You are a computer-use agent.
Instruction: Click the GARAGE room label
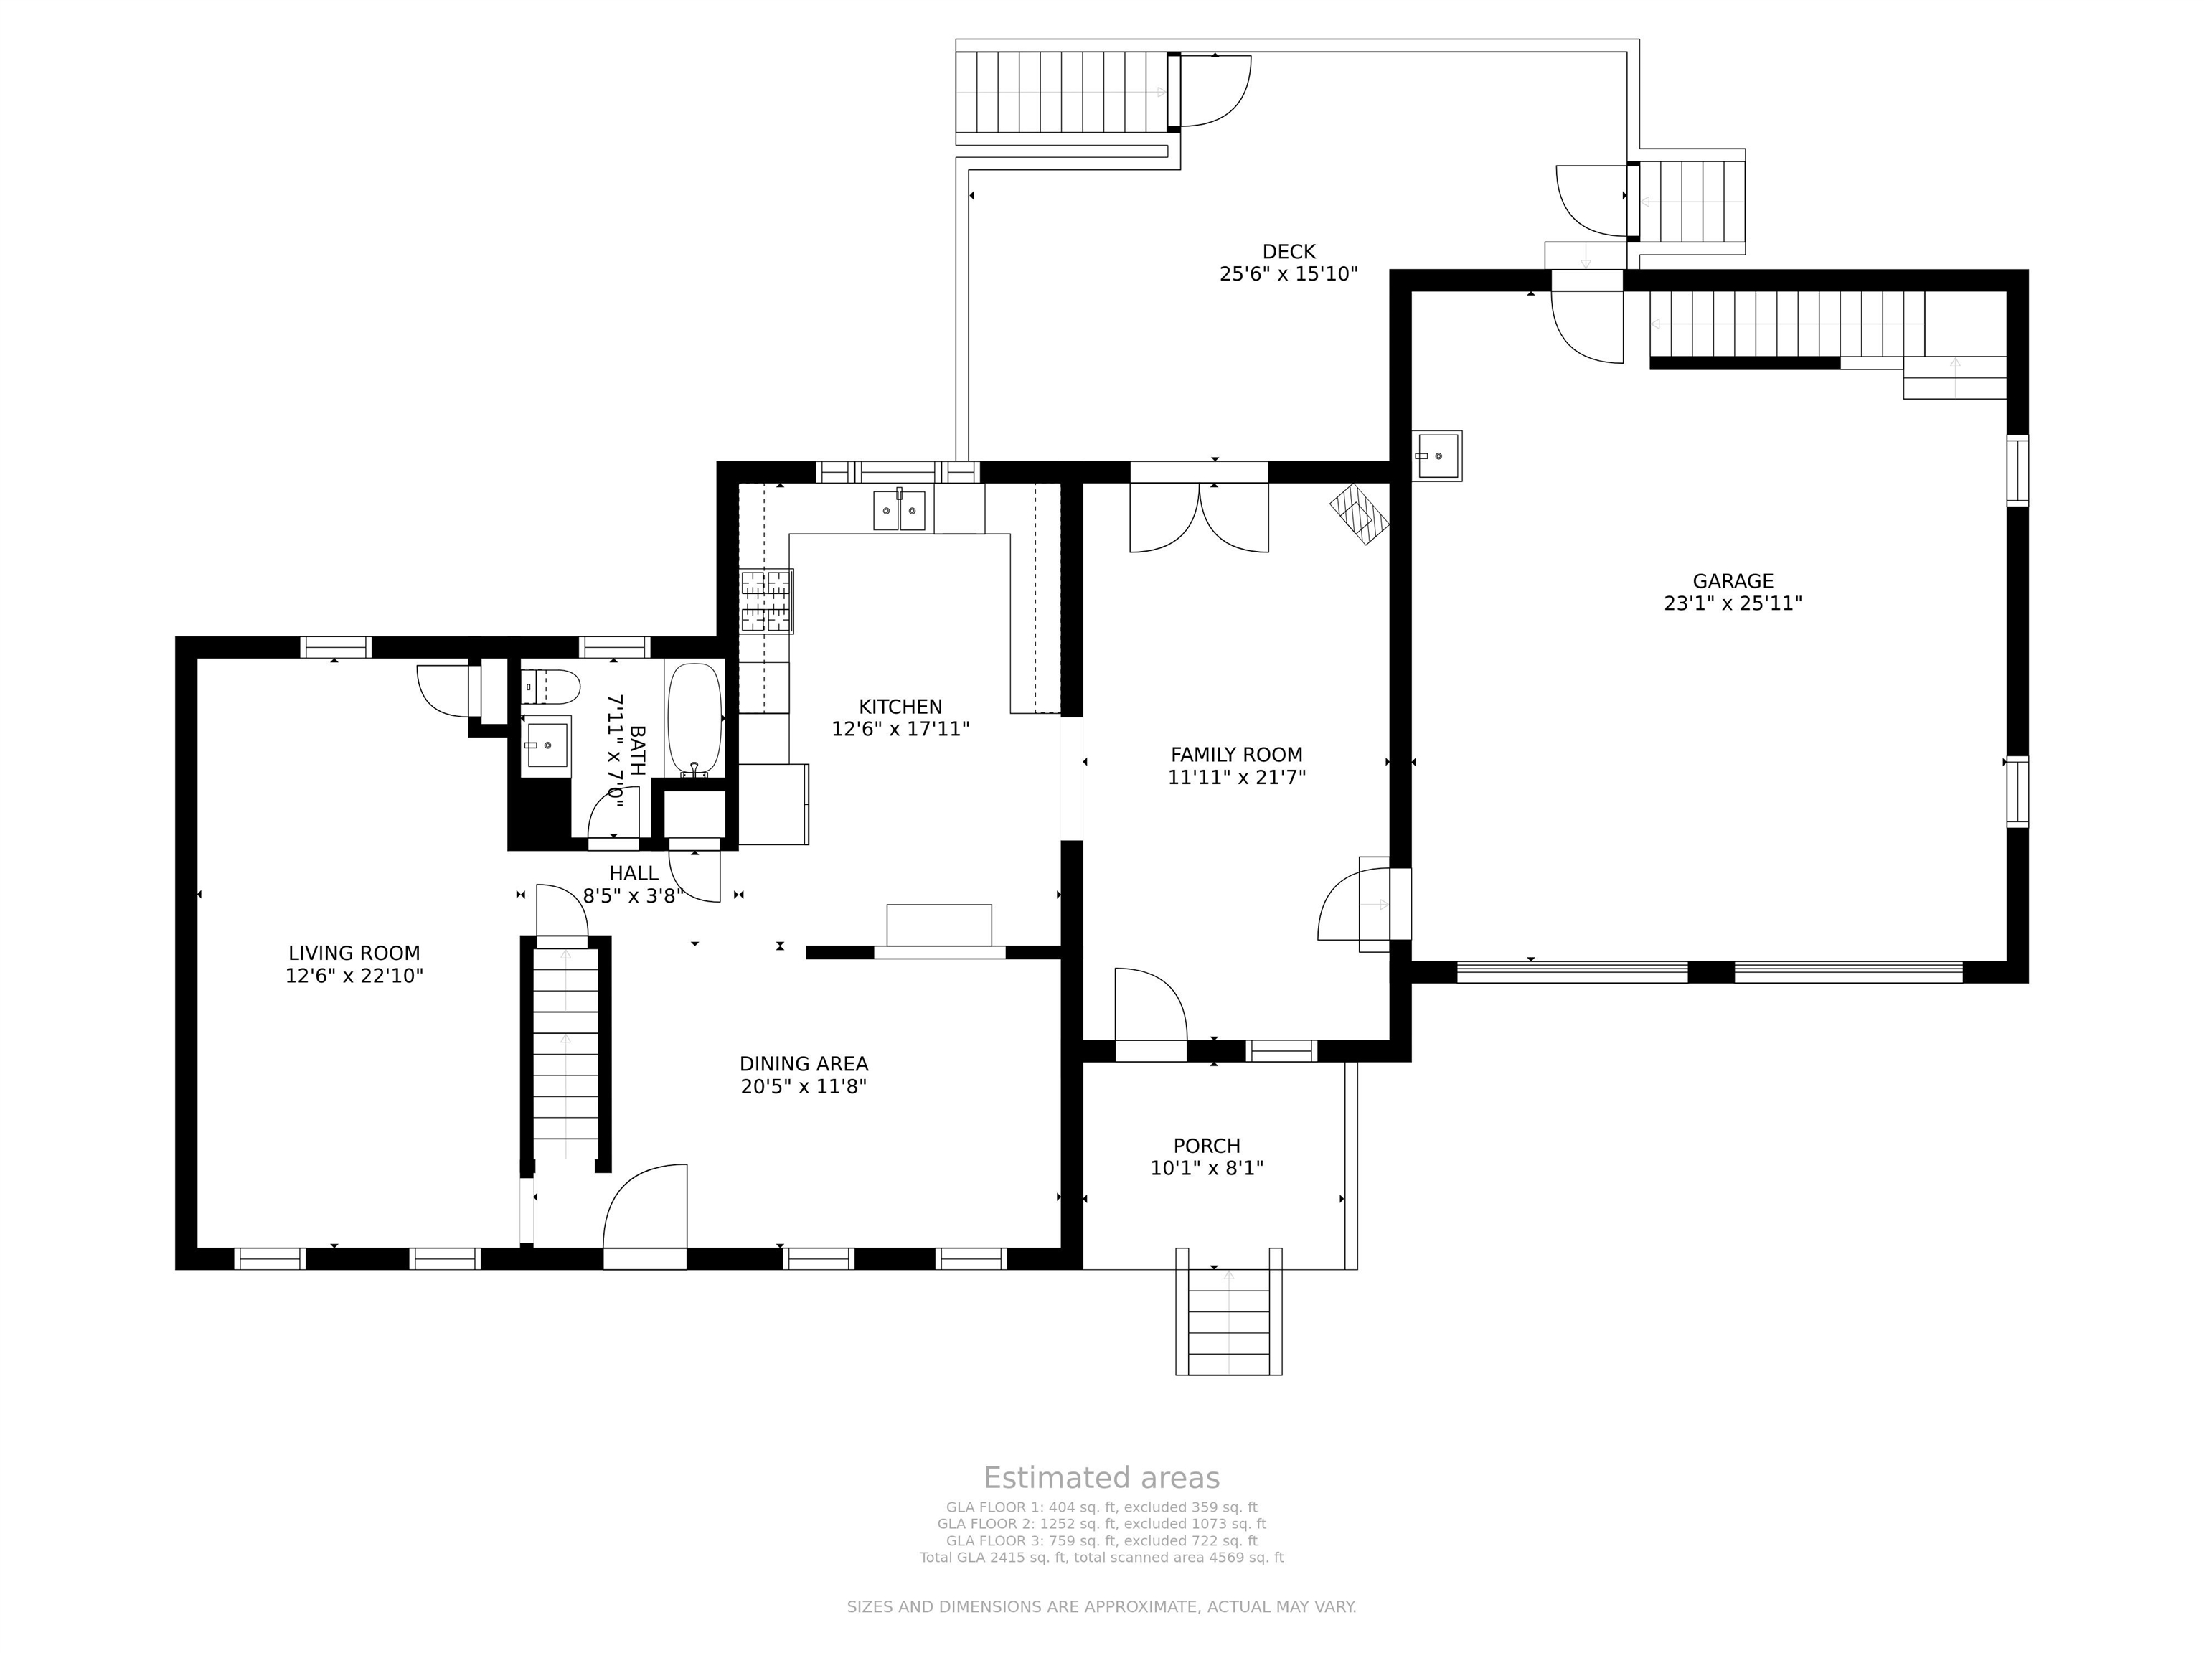(x=1733, y=581)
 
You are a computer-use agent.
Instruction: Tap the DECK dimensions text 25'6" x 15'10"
(x=1289, y=274)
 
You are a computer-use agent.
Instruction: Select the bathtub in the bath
(x=694, y=720)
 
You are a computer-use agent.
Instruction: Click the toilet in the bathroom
(x=551, y=687)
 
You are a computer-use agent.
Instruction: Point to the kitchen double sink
(x=900, y=510)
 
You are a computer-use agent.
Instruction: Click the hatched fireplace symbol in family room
(x=1359, y=514)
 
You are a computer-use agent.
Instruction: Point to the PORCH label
(x=1207, y=1146)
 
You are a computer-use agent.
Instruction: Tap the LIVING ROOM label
(x=354, y=953)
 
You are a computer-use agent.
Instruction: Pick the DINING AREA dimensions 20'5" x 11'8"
(x=803, y=1086)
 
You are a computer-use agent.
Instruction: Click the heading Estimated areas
(x=1101, y=1478)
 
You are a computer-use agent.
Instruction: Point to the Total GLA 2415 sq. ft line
(x=1101, y=1558)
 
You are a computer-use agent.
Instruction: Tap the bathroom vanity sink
(x=546, y=744)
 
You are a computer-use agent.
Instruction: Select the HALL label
(x=634, y=874)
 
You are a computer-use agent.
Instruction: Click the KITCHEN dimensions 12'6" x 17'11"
(x=900, y=730)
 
